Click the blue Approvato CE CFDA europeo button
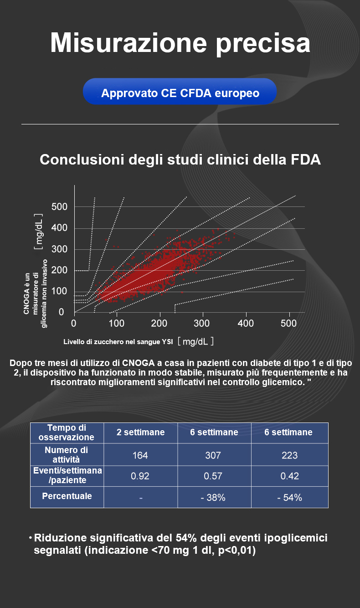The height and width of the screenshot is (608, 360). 180,93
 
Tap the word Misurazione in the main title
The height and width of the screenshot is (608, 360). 127,43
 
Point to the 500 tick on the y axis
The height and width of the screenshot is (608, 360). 59,207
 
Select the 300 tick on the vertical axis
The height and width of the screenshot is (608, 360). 59,249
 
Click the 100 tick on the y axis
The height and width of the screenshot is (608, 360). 59,291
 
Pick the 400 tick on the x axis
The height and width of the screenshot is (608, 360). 246,324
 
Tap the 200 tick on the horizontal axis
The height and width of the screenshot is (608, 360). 159,324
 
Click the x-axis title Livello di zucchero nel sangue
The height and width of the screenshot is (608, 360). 118,342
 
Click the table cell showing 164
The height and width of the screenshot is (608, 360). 140,455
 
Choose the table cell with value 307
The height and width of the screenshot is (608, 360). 214,455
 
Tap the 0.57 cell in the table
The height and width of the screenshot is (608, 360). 214,476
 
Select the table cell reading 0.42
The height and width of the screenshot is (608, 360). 289,476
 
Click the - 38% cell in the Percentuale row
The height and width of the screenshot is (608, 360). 214,497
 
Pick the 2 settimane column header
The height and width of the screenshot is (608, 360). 140,432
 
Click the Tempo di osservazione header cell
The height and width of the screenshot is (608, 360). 67,432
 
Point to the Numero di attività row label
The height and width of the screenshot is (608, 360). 67,455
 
